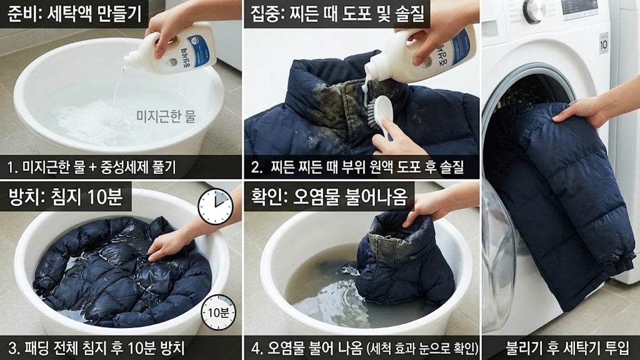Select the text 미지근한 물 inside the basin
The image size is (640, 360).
pos(166,116)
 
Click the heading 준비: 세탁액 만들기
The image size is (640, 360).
pos(75,13)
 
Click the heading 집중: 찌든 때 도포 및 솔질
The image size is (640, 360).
pos(337,13)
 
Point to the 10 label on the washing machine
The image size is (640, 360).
pos(603,45)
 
